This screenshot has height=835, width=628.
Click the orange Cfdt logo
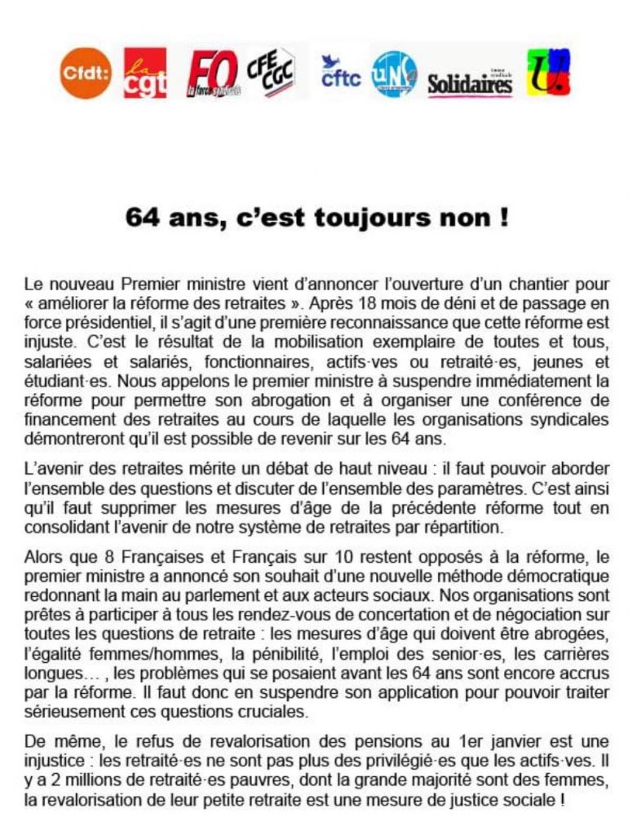click(86, 73)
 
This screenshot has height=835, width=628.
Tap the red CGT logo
click(144, 73)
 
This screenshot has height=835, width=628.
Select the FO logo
click(213, 74)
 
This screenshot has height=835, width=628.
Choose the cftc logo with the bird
click(340, 73)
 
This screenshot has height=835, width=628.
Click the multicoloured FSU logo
click(548, 73)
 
